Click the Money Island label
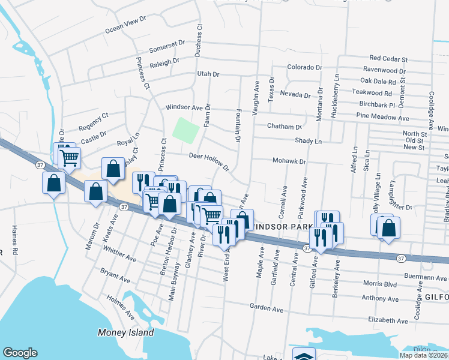(126, 332)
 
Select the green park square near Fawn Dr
(186, 130)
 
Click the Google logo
(20, 353)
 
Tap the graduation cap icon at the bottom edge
(304, 355)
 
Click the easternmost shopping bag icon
(389, 227)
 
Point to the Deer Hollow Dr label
(209, 160)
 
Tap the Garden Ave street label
(266, 308)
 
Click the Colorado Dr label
(304, 67)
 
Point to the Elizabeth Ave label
(391, 320)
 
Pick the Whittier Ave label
(123, 256)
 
